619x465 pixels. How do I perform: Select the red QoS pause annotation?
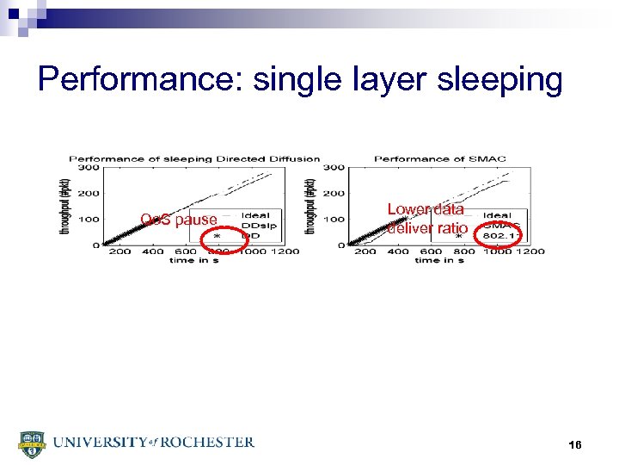pyautogui.click(x=179, y=221)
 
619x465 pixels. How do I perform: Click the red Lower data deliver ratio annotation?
pyautogui.click(x=427, y=219)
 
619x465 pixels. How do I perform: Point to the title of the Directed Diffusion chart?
pyautogui.click(x=194, y=158)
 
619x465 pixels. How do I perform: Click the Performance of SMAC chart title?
pyautogui.click(x=440, y=158)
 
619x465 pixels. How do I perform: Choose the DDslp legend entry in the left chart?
pyautogui.click(x=257, y=225)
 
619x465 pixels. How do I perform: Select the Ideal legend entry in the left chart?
pyautogui.click(x=255, y=215)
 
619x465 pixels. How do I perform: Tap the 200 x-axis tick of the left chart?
pyautogui.click(x=120, y=251)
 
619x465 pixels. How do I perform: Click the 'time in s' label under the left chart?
pyautogui.click(x=194, y=260)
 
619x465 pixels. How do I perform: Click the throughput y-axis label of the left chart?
pyautogui.click(x=65, y=205)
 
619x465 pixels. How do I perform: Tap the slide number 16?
pyautogui.click(x=575, y=444)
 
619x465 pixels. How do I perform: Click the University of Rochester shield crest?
pyautogui.click(x=31, y=443)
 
